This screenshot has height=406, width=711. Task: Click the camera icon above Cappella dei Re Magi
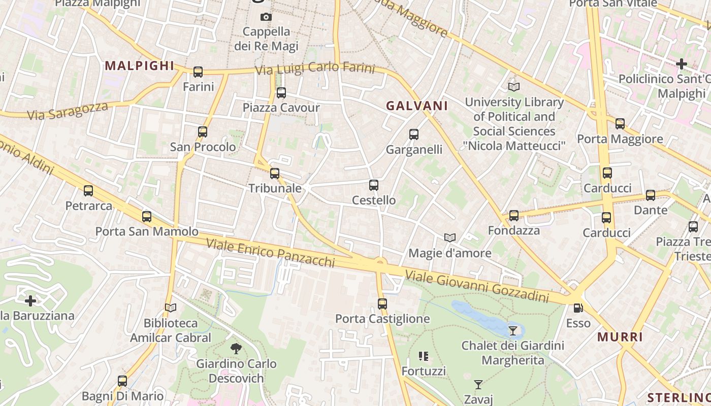click(x=266, y=17)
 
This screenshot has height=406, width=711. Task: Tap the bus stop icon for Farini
click(x=198, y=72)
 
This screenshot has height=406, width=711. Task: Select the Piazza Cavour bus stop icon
click(x=281, y=93)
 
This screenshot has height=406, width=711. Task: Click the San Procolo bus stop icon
click(x=203, y=132)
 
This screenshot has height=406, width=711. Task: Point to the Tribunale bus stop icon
click(x=275, y=174)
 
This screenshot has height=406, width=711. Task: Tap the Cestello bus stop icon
click(x=374, y=185)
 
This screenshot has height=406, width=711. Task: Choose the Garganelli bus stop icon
click(x=414, y=134)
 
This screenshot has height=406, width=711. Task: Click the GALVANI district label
click(x=417, y=106)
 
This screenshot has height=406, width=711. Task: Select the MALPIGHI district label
click(x=139, y=65)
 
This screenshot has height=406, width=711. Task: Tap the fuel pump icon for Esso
click(x=578, y=308)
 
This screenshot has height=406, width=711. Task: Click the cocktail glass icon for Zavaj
click(x=478, y=384)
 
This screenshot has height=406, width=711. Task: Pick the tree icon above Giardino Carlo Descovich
click(x=236, y=349)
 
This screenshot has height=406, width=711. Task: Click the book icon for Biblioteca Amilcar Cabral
click(x=171, y=308)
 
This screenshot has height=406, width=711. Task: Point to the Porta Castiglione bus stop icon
click(x=382, y=304)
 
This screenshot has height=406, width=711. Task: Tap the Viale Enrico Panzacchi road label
click(x=270, y=252)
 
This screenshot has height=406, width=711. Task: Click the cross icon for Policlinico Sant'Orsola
click(x=682, y=64)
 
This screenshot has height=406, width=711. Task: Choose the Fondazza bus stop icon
click(x=514, y=216)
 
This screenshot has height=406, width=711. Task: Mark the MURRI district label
click(x=620, y=337)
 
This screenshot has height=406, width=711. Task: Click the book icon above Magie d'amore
click(x=449, y=238)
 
